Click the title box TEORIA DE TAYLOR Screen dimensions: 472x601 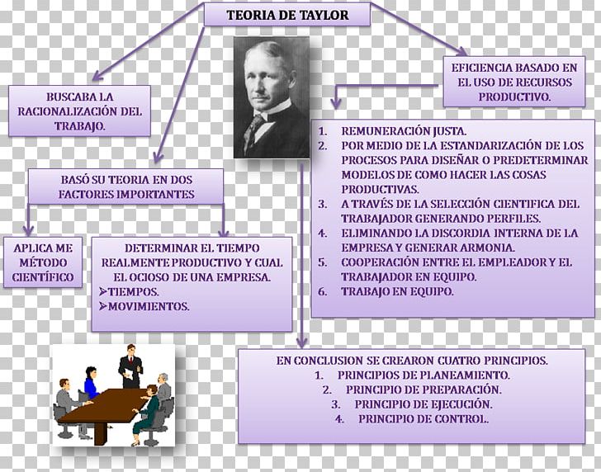287,16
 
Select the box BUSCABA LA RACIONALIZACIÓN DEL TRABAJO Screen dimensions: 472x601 80,111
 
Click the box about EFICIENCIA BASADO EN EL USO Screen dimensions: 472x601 513,82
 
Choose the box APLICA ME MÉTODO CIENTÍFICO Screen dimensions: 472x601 43,262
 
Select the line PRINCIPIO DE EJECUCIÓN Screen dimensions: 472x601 423,404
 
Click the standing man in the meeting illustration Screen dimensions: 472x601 130,366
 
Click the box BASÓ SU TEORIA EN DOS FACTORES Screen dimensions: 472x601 126,186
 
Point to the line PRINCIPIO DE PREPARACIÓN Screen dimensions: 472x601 423,389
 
